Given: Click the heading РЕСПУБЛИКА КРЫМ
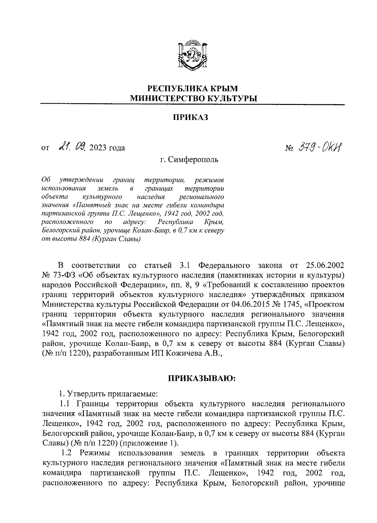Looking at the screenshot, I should tap(193, 89).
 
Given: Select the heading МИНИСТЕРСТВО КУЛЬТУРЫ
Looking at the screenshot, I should tap(193, 99).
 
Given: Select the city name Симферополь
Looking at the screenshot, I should tap(193, 160).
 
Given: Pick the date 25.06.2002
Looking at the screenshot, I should tap(325, 265).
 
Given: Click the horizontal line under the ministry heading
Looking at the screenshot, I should tap(193, 104).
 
